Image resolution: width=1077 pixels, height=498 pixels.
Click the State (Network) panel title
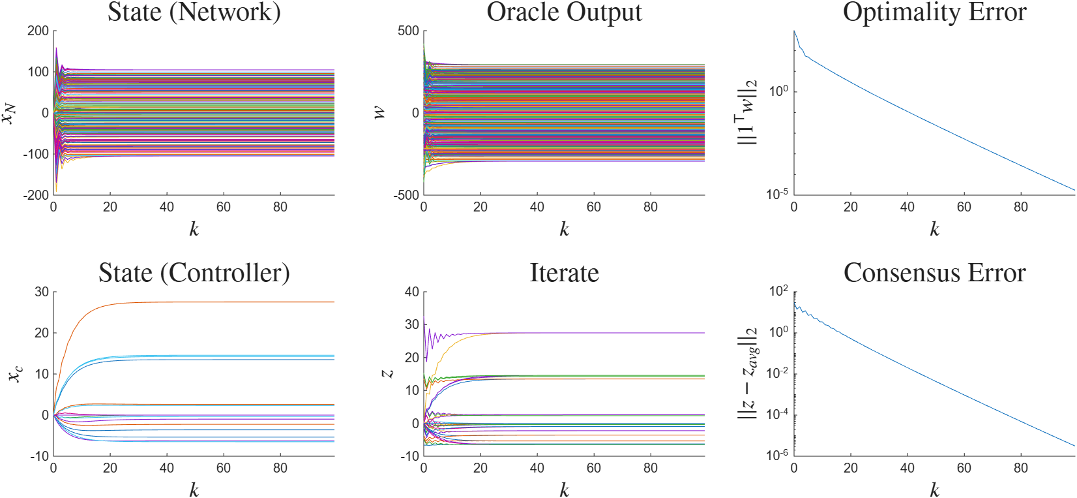coord(194,12)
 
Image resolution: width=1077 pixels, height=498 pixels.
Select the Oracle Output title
coord(564,12)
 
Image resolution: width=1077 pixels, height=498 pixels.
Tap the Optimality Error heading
coord(935,12)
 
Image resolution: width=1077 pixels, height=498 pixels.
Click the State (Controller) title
coord(194,273)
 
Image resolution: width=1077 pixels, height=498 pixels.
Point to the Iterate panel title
coord(564,273)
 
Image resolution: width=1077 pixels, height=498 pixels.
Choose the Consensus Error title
coord(935,273)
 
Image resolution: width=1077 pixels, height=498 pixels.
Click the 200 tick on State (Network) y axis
coord(38,31)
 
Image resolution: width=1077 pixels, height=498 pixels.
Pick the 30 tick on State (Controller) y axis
coord(42,292)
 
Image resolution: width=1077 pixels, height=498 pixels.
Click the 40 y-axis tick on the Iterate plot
coord(412,292)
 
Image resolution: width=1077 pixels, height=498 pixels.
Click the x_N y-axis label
coord(10,113)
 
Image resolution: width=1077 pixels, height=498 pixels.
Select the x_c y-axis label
coord(16,374)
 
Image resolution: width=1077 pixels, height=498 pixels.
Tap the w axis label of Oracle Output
coord(380,113)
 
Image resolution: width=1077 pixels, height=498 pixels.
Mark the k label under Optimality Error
coord(934,229)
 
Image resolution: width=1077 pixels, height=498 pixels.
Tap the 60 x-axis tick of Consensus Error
coord(964,468)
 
